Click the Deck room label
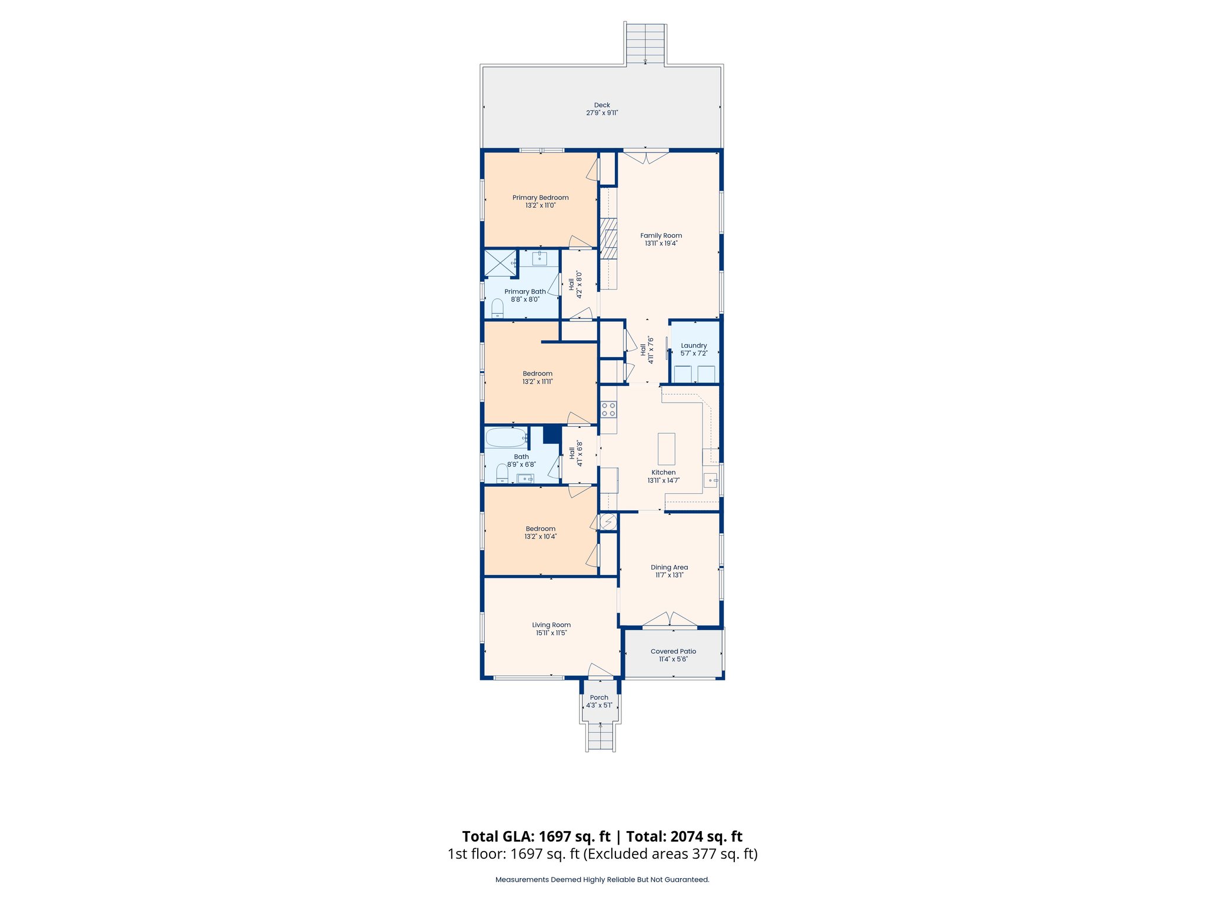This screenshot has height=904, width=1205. (x=601, y=105)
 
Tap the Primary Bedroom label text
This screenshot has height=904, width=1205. (x=540, y=198)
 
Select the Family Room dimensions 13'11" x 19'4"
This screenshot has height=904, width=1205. (x=661, y=243)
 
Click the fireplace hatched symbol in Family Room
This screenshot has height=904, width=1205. (x=608, y=238)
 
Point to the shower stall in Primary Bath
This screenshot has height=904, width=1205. (x=499, y=263)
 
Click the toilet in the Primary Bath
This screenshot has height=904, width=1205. (x=498, y=308)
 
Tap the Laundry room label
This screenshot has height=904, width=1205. (x=694, y=346)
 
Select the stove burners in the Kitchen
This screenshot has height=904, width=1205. (x=608, y=410)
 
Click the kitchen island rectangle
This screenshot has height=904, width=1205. (x=666, y=449)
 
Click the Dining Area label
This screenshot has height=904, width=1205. (x=669, y=567)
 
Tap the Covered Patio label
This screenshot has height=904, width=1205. (x=673, y=652)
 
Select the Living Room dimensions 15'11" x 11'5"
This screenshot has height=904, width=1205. (x=551, y=633)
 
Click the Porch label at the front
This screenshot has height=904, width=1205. (x=599, y=697)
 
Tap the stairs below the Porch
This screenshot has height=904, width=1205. (x=601, y=737)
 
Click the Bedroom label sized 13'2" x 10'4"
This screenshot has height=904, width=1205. (x=540, y=529)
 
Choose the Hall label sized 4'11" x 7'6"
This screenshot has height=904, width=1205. (x=643, y=350)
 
